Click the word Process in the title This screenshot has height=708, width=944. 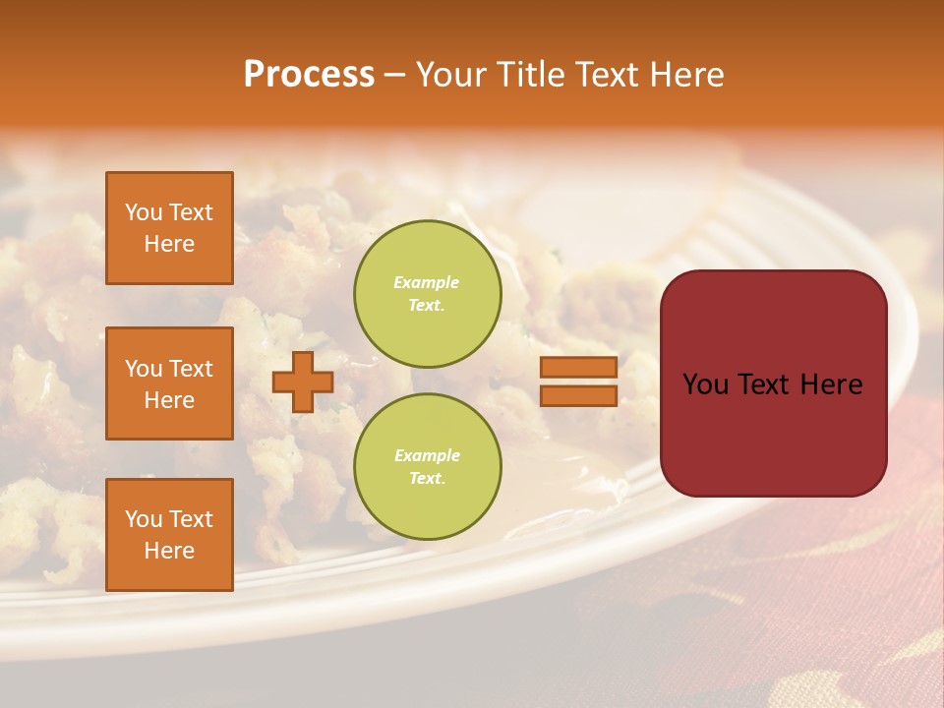[309, 75]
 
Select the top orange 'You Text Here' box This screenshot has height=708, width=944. [169, 228]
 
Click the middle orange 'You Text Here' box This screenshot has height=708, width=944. [169, 383]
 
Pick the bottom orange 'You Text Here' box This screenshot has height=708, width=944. [169, 535]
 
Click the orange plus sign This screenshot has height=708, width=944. [303, 382]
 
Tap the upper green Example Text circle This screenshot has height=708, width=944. [427, 293]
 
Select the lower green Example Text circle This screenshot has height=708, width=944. [427, 466]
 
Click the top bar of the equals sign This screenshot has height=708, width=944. [578, 367]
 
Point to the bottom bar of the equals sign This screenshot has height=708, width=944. [578, 395]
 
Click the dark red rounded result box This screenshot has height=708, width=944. [773, 383]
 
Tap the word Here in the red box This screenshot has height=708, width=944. [831, 384]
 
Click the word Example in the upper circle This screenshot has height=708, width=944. [427, 282]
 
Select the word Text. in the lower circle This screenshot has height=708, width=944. [427, 479]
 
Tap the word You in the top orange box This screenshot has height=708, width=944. [143, 212]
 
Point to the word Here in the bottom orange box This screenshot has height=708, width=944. [169, 551]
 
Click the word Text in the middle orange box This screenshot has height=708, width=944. [190, 369]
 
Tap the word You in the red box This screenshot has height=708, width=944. [705, 384]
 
